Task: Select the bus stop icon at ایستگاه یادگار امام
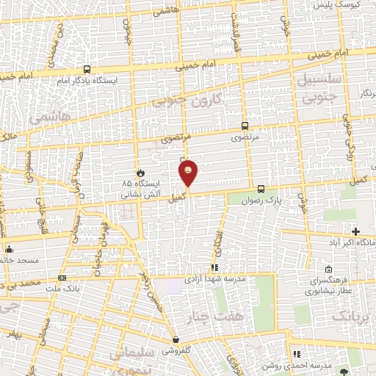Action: tap(87, 68)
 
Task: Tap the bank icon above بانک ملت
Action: tap(62, 278)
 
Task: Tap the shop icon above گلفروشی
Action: tap(176, 340)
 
